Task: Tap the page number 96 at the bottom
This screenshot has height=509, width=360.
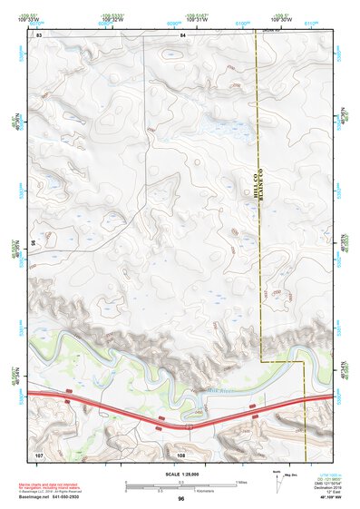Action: click(181, 499)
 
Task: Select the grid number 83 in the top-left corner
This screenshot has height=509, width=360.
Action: click(41, 34)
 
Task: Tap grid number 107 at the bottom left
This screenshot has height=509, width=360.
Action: click(39, 452)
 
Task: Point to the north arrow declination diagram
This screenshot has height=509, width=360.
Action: click(277, 481)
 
